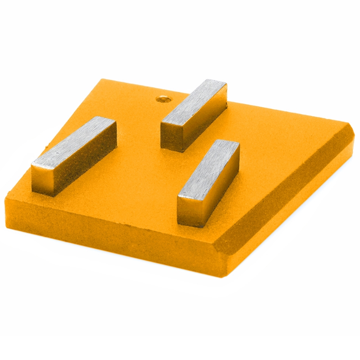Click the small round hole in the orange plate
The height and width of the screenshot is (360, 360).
point(161,98)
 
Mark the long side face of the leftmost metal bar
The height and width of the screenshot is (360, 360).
point(85,166)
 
